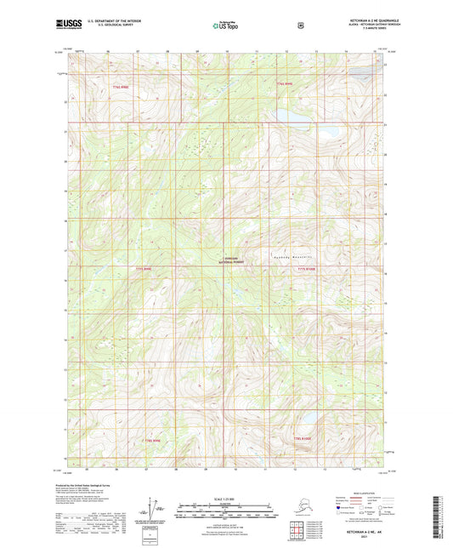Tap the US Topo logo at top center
point(226,26)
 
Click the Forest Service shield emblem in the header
point(300,25)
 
